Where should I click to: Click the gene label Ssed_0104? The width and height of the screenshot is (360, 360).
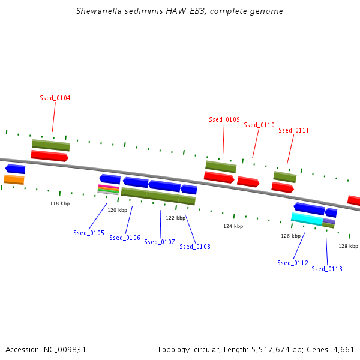pos(55,98)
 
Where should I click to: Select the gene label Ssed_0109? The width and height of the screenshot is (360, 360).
pos(224,119)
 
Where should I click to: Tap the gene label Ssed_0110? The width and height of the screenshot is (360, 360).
pos(259,125)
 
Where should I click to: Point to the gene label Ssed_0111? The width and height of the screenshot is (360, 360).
pos(294,130)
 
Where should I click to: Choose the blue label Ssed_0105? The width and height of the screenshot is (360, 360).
pos(89,233)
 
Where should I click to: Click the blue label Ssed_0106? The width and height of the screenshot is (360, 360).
pos(125,238)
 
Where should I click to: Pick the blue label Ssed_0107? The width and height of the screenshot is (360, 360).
pos(160,242)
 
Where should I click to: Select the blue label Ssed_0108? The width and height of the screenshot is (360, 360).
pos(195,247)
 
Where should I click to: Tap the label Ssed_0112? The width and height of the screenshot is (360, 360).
pos(293,263)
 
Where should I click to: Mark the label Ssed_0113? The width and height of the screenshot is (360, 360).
pos(327,269)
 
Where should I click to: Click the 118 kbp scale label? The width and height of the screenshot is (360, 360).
pos(59,204)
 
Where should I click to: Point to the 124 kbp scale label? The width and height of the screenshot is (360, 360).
pos(233,226)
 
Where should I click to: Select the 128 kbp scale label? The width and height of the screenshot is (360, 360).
pos(348,246)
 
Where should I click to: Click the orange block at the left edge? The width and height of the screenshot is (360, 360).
pos(14,179)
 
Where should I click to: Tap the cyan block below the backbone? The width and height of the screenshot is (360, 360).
pos(307,218)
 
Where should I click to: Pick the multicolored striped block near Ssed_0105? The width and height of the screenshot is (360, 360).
pos(108,190)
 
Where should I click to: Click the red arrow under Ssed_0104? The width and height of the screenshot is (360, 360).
pos(49,155)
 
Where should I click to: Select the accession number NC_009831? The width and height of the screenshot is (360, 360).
pos(67,349)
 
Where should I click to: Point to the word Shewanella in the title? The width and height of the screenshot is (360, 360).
pos(98,11)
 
